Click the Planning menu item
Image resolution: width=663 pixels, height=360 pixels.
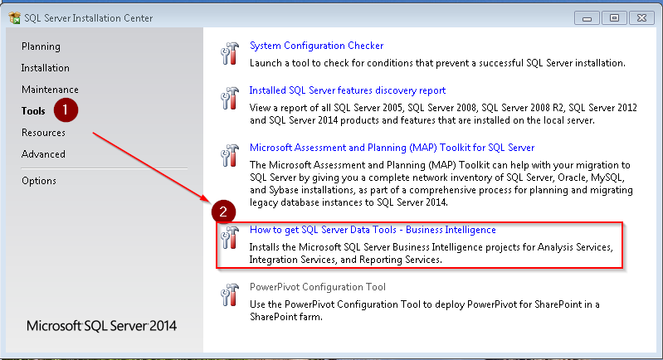41,46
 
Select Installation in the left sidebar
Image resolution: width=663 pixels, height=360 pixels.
46,68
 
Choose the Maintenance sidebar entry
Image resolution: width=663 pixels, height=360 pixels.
50,90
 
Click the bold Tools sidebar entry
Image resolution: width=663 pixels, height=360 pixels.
34,110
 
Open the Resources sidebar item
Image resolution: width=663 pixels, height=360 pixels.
43,133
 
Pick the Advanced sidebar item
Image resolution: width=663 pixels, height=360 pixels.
43,154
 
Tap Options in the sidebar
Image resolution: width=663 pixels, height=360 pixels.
39,181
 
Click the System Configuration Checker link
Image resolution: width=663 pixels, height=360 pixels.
316,46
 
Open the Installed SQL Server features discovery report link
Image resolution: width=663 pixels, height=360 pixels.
347,90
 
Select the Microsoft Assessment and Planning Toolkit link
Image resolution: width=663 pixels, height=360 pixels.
392,148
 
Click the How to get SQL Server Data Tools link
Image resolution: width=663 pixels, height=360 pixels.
373,230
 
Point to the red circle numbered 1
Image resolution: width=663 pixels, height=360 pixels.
66,108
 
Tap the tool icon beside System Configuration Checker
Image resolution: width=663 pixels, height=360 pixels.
229,54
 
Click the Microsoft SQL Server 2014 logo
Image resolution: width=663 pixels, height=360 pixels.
101,325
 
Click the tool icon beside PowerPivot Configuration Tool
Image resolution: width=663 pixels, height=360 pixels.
229,295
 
